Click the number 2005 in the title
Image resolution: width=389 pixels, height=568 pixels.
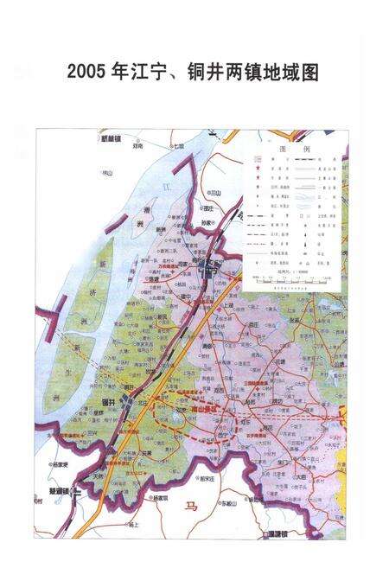(x=86, y=73)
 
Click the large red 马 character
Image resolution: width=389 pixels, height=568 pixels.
(x=191, y=507)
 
